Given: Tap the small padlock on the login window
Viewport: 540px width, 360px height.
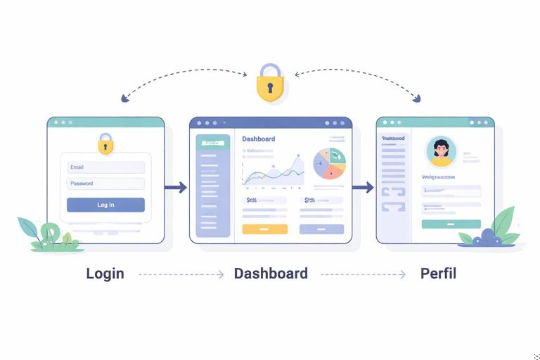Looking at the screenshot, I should coord(105,145).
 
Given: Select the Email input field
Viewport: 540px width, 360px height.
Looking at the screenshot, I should coord(105,167).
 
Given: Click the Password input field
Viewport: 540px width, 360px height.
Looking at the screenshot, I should coord(105,184).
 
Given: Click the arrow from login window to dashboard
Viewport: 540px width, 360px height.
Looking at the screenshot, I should coord(176,187).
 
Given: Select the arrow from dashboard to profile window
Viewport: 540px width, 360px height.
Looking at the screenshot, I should coord(363,187).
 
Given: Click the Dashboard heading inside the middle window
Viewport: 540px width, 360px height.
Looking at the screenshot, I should coord(259,139).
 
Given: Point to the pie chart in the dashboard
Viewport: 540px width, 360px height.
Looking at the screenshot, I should coord(329,164).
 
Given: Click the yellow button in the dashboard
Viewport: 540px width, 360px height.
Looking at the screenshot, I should coord(264,229).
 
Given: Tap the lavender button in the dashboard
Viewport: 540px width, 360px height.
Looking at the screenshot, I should coord(321,229).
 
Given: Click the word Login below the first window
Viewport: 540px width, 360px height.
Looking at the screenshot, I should coord(105,274).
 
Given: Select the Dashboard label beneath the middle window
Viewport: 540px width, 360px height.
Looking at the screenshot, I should coord(271,274).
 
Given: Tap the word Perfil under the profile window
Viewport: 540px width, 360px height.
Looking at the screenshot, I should coord(438,274).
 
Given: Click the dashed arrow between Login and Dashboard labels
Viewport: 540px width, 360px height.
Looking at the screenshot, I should coord(181,274).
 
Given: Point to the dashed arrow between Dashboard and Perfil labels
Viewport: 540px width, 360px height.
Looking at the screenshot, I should coord(363,274).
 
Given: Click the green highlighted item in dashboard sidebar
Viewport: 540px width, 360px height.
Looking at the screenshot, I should coord(212,143).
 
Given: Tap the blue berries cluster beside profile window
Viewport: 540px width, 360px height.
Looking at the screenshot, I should coord(487,238).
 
